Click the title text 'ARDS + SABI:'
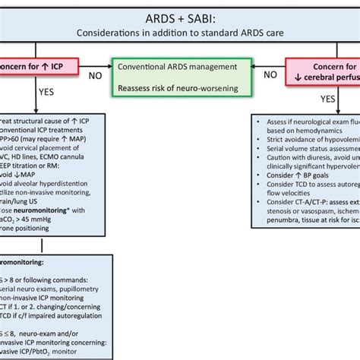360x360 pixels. coord(179,17)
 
